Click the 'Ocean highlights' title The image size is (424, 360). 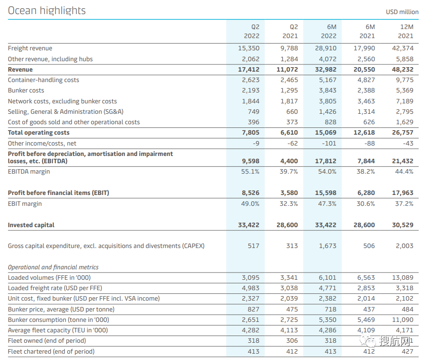[x=47, y=10]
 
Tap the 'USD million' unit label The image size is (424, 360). [x=402, y=12]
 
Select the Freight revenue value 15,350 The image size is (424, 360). [x=249, y=48]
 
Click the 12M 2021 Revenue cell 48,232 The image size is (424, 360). [x=403, y=69]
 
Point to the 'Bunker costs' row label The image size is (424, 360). [x=26, y=90]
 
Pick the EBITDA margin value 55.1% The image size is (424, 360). [x=250, y=171]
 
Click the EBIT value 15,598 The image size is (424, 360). [x=326, y=193]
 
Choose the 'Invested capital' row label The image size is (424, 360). [x=31, y=225]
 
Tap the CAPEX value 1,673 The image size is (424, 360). [x=328, y=246]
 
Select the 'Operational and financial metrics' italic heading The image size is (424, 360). [x=53, y=267]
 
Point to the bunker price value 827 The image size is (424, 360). [x=254, y=309]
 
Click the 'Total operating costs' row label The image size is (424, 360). [x=39, y=132]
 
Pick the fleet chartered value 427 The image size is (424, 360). [x=407, y=351]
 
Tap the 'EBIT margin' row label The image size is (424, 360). [x=24, y=204]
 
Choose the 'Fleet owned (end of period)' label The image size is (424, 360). [x=47, y=341]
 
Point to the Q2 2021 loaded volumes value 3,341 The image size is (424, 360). [x=289, y=277]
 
